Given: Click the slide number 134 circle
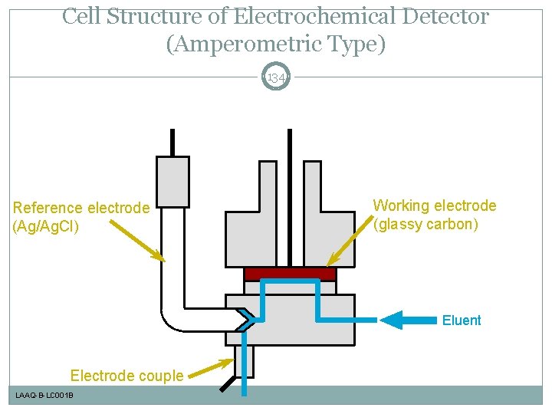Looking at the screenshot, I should coord(276,77).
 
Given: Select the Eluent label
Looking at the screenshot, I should coord(462,320).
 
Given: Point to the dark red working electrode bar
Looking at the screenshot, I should coord(290,274).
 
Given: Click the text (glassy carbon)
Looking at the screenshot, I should coord(426,225).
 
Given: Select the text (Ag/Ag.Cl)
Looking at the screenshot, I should coord(46,227).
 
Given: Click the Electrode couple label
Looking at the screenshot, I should coord(127,376).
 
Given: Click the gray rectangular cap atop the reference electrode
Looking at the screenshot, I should coord(172,181).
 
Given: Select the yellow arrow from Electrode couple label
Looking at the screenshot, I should coord(211,369).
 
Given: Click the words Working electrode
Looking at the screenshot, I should coord(434,205).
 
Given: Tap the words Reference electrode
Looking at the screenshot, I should coord(81,208).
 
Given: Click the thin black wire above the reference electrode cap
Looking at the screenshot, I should coord(172,143).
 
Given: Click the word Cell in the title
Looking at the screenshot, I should coord(80,16).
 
